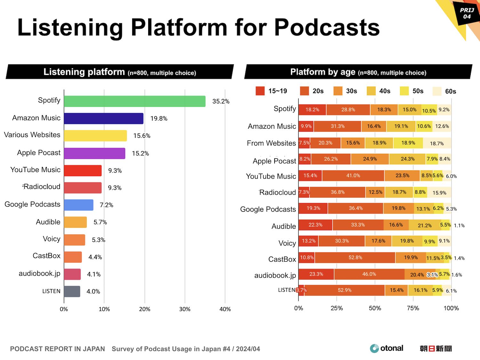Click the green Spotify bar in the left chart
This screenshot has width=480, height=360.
pyautogui.click(x=134, y=101)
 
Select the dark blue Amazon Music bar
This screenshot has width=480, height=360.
pyautogui.click(x=103, y=119)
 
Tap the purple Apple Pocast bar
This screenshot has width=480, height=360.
pyautogui.click(x=94, y=153)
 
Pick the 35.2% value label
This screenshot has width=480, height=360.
pyautogui.click(x=221, y=102)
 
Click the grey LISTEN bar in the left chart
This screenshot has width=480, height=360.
pyautogui.click(x=72, y=291)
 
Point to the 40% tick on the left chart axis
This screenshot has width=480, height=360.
pyautogui.click(x=225, y=309)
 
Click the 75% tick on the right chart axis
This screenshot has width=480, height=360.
pyautogui.click(x=413, y=308)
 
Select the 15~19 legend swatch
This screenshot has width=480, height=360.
pyautogui.click(x=260, y=91)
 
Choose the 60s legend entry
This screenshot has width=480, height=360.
pyautogui.click(x=444, y=91)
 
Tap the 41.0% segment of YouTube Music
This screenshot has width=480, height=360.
pyautogui.click(x=353, y=176)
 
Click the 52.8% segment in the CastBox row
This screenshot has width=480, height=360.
pyautogui.click(x=355, y=258)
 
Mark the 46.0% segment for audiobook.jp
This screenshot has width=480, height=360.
pyautogui.click(x=369, y=274)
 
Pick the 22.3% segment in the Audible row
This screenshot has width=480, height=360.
pyautogui.click(x=315, y=225)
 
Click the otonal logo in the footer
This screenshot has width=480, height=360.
pyautogui.click(x=387, y=348)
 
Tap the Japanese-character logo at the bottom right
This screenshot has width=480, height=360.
pyautogui.click(x=436, y=348)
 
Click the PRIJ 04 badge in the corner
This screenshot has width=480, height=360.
pyautogui.click(x=467, y=13)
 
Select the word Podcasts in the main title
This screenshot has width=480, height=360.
pyautogui.click(x=327, y=27)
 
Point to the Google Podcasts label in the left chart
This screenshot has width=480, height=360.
pyautogui.click(x=32, y=204)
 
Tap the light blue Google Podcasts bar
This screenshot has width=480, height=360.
pyautogui.click(x=78, y=205)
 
